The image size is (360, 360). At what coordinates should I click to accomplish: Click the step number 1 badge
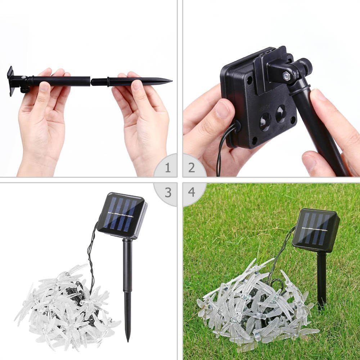coord(167,168)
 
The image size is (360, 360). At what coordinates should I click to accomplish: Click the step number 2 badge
coord(192,168)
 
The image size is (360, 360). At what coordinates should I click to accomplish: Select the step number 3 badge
coord(168,193)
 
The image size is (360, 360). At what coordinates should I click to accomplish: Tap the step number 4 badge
coord(192,192)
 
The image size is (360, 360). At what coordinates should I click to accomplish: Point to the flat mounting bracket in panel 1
coord(11,81)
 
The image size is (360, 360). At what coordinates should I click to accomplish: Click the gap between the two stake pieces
coord(90,82)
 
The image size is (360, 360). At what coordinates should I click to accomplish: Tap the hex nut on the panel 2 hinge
coord(286,76)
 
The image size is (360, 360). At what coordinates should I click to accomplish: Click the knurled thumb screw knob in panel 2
coord(306,65)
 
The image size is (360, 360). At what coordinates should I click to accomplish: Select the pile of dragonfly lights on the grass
coord(252,306)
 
